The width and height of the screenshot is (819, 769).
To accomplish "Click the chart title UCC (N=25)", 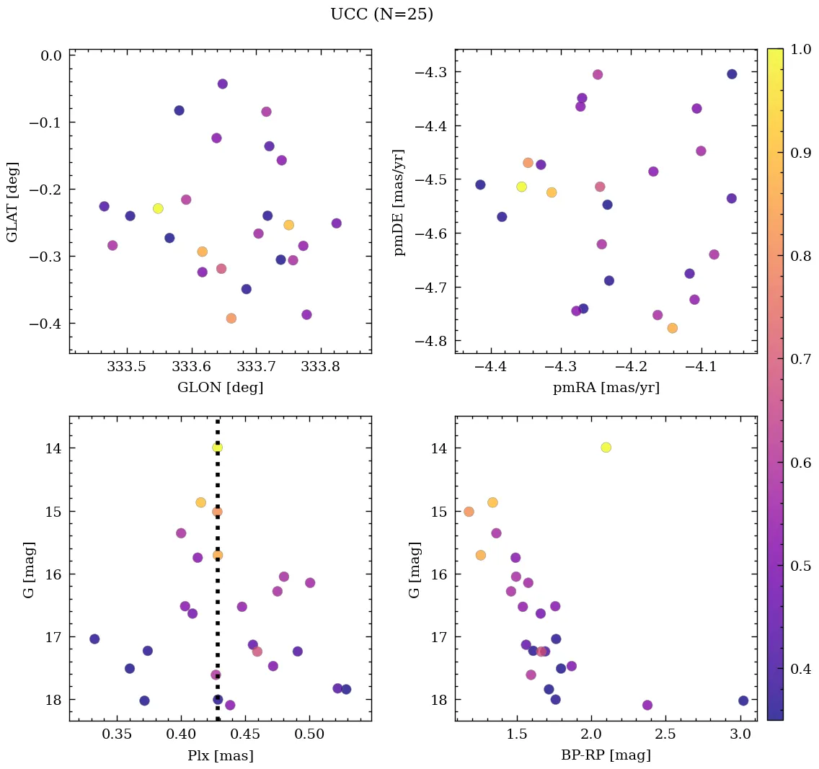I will coord(381,14).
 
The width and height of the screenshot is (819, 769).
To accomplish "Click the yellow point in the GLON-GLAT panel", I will coord(158,208).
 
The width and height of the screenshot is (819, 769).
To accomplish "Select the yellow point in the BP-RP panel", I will coord(606,448).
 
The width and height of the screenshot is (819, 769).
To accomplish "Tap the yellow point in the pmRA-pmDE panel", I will coord(521,187).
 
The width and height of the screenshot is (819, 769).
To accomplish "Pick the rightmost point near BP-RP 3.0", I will coord(743,701).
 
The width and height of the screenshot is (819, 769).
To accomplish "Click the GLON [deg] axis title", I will coord(221,388).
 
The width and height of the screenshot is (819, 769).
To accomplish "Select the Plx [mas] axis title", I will coord(221,755).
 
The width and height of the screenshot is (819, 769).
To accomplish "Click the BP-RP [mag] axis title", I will coord(606,755).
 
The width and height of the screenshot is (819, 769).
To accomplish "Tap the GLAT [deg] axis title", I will coord(12,201).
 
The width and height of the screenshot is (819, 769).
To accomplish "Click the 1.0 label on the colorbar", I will coord(801,50).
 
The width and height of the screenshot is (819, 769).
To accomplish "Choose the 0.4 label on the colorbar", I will coord(801,670).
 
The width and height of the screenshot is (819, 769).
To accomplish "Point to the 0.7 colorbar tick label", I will coord(801,360).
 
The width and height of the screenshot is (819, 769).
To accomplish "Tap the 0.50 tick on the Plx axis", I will coord(309,734).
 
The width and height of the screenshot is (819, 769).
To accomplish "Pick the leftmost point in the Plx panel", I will coord(94,639).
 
